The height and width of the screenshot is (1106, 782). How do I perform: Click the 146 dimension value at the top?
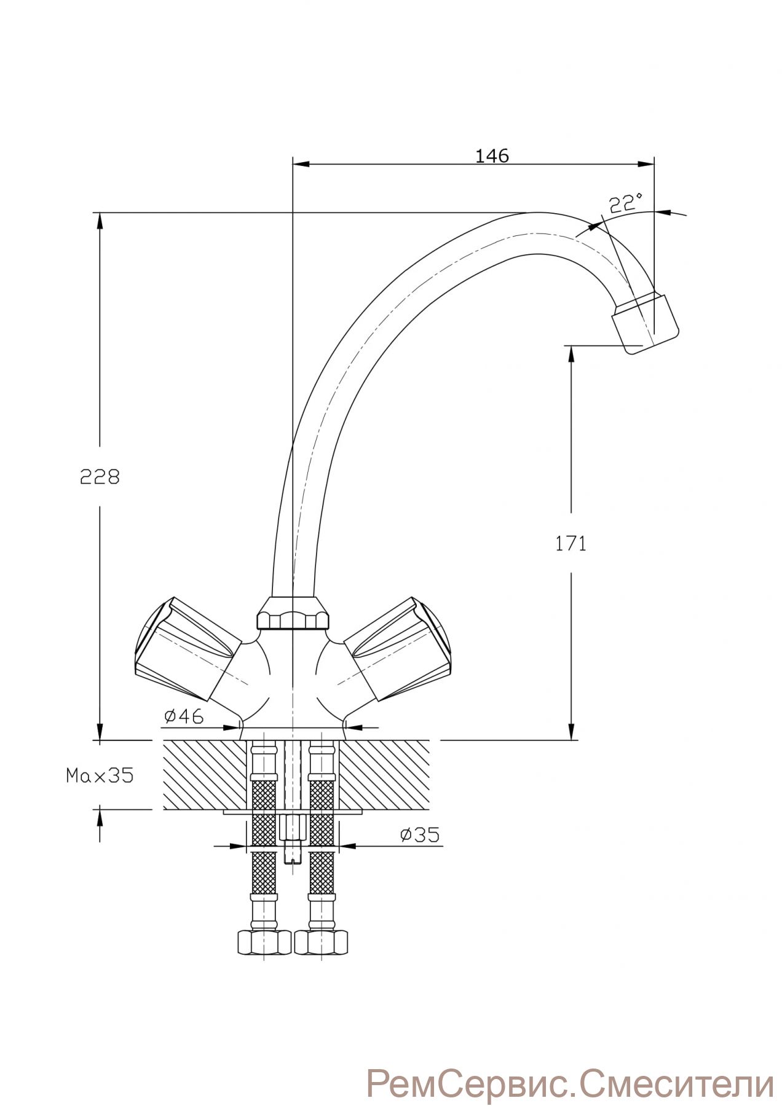click(492, 156)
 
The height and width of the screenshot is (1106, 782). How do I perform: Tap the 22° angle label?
click(626, 203)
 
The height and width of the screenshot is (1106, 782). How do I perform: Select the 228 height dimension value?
click(100, 476)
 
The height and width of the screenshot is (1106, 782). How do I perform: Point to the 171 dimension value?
click(571, 543)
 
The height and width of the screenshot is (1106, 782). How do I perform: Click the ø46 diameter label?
click(184, 716)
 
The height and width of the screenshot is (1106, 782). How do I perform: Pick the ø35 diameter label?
click(419, 834)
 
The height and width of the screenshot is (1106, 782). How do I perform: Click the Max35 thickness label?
click(100, 775)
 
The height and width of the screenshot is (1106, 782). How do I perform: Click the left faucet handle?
click(184, 650)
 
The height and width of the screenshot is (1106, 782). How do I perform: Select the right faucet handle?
click(400, 650)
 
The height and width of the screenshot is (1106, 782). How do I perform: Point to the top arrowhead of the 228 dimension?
click(99, 221)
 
